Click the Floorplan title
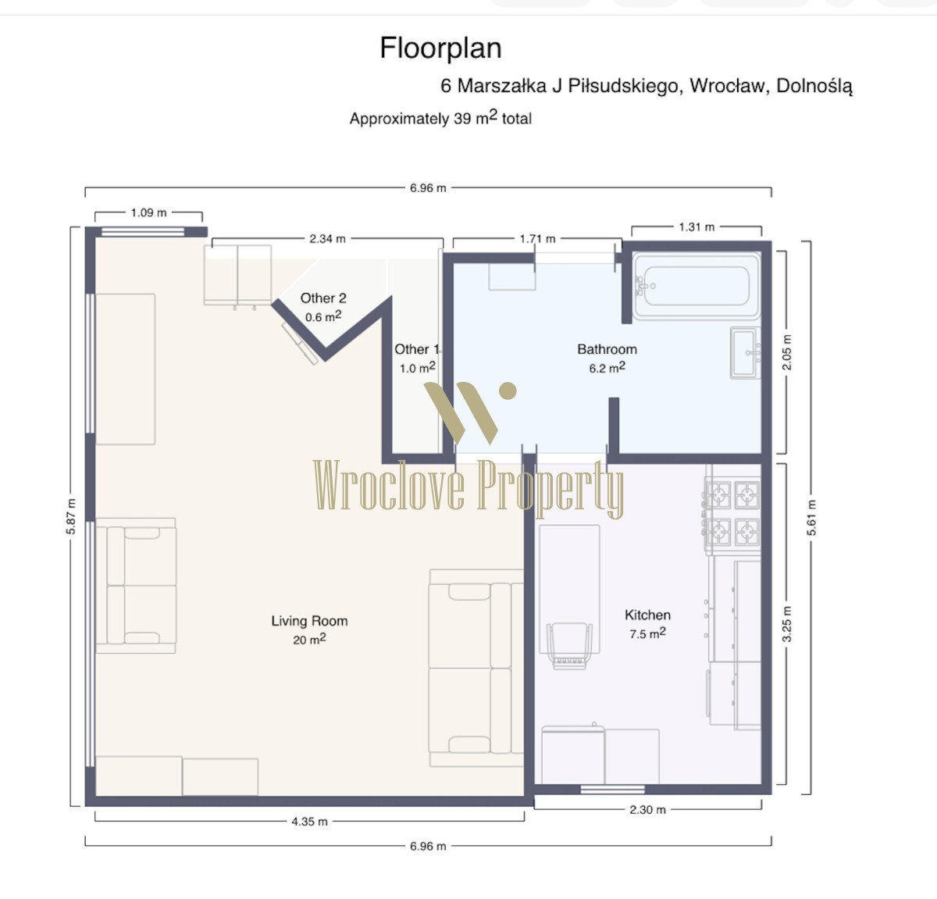[x=440, y=48]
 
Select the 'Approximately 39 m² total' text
[x=440, y=118]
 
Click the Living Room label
[x=309, y=621]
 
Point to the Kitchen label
[x=647, y=615]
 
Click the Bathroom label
[x=607, y=349]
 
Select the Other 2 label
[x=323, y=298]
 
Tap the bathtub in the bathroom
[x=697, y=286]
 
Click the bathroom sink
[x=746, y=353]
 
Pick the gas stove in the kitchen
[x=732, y=514]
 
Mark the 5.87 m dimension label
[x=71, y=516]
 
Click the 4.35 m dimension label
[x=309, y=822]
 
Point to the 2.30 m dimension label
[x=647, y=809]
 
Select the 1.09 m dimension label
[x=148, y=212]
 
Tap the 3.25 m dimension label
[x=786, y=624]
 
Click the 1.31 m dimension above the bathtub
[x=697, y=227]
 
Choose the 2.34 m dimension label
[x=327, y=239]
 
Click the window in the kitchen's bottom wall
[x=612, y=789]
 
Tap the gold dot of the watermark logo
[x=508, y=391]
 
